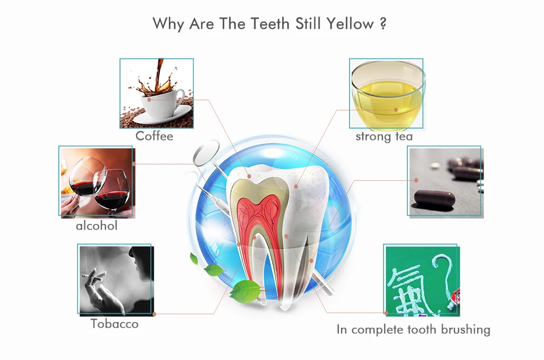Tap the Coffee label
pyautogui.click(x=154, y=135)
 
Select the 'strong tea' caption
pyautogui.click(x=384, y=137)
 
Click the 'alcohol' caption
pyautogui.click(x=96, y=226)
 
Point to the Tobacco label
pyautogui.click(x=114, y=324)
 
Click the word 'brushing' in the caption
pyautogui.click(x=465, y=329)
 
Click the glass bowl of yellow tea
pyautogui.click(x=388, y=95)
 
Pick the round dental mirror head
pyautogui.click(x=206, y=152)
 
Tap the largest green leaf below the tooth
pyautogui.click(x=245, y=291)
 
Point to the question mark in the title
pyautogui.click(x=383, y=24)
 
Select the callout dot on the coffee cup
pyautogui.click(x=149, y=100)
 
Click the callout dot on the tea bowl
pyautogui.click(x=396, y=110)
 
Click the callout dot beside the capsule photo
pyautogui.click(x=416, y=180)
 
